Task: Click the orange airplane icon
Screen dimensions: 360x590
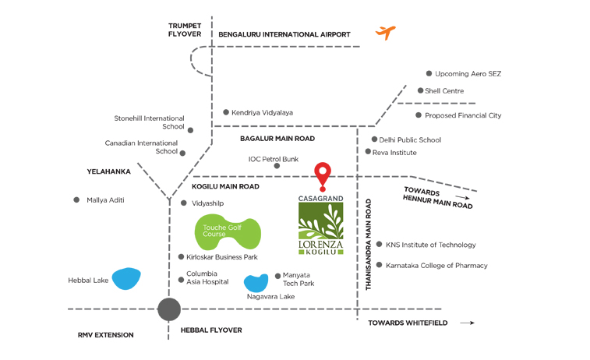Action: (385, 33)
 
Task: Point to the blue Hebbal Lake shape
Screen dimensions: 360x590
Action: (125, 278)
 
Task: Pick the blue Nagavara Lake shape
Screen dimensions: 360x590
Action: (256, 283)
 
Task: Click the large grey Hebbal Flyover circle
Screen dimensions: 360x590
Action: (168, 309)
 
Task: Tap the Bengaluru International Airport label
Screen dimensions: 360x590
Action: (284, 34)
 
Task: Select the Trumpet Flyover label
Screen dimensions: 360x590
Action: (185, 30)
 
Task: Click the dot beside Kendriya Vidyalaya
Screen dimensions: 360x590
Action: (226, 112)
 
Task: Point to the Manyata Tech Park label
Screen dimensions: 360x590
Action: (298, 279)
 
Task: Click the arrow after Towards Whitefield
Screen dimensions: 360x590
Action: (467, 323)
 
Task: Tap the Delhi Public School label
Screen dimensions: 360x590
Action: (410, 140)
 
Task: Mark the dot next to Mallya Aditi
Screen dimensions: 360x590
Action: (76, 200)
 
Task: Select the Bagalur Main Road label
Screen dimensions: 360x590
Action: (277, 138)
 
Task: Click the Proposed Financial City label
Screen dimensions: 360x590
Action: (462, 115)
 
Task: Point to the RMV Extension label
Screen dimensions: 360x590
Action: (105, 335)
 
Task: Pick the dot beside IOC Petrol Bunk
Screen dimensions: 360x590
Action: (277, 165)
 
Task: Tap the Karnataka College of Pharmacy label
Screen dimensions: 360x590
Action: (436, 266)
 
